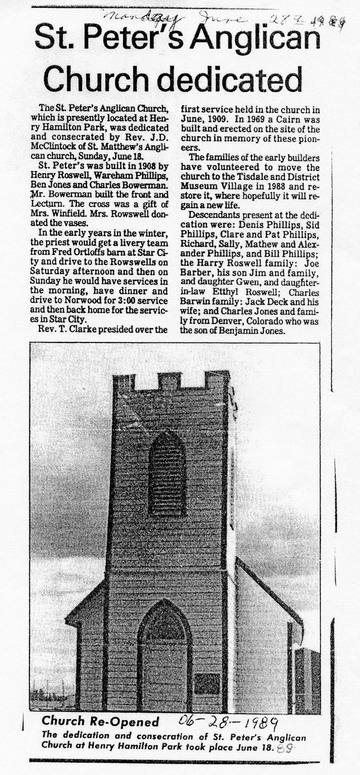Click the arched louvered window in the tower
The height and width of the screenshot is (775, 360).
166,473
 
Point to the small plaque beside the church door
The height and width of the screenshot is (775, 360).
206,683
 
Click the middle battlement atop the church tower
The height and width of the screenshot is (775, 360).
169,380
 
